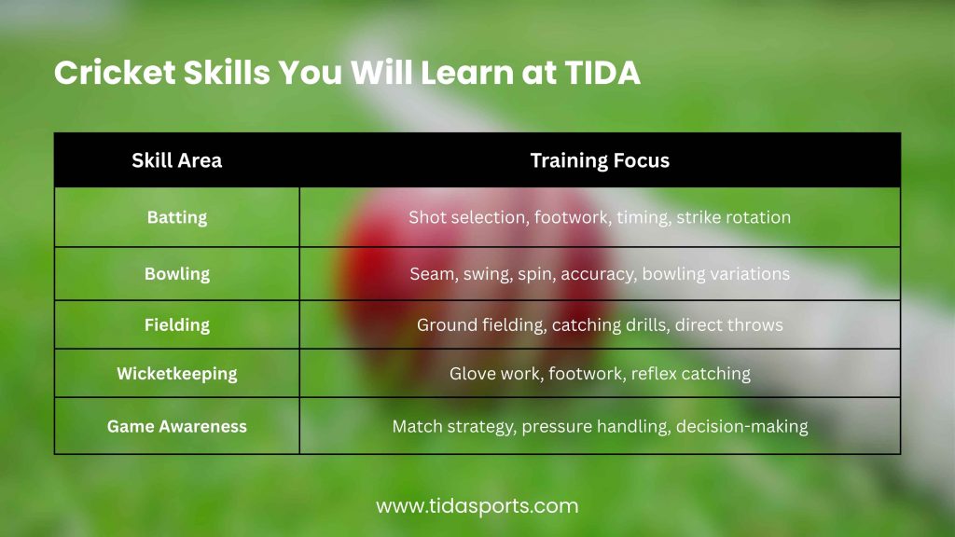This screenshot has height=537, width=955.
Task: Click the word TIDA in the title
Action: pyautogui.click(x=602, y=73)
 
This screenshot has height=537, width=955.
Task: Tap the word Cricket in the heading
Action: pyautogui.click(x=115, y=73)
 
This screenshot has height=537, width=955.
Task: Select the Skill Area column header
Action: pyautogui.click(x=176, y=160)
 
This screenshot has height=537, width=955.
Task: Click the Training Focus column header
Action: pyautogui.click(x=600, y=160)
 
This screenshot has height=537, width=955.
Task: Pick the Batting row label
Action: pyautogui.click(x=176, y=217)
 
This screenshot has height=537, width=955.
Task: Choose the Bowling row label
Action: pyautogui.click(x=176, y=274)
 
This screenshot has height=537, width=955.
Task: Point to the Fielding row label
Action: pyautogui.click(x=176, y=325)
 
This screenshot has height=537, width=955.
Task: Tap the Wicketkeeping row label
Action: pyautogui.click(x=176, y=374)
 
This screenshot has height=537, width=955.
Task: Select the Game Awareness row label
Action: pyautogui.click(x=176, y=426)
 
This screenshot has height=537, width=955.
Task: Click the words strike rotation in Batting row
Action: pyautogui.click(x=733, y=217)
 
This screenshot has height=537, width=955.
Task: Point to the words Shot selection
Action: pyautogui.click(x=467, y=217)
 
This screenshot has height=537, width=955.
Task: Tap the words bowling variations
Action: pyautogui.click(x=715, y=274)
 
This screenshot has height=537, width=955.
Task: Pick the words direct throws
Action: pyautogui.click(x=728, y=325)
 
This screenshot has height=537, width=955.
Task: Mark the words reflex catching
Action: pyautogui.click(x=691, y=374)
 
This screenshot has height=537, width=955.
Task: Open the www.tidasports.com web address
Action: pyautogui.click(x=477, y=506)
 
